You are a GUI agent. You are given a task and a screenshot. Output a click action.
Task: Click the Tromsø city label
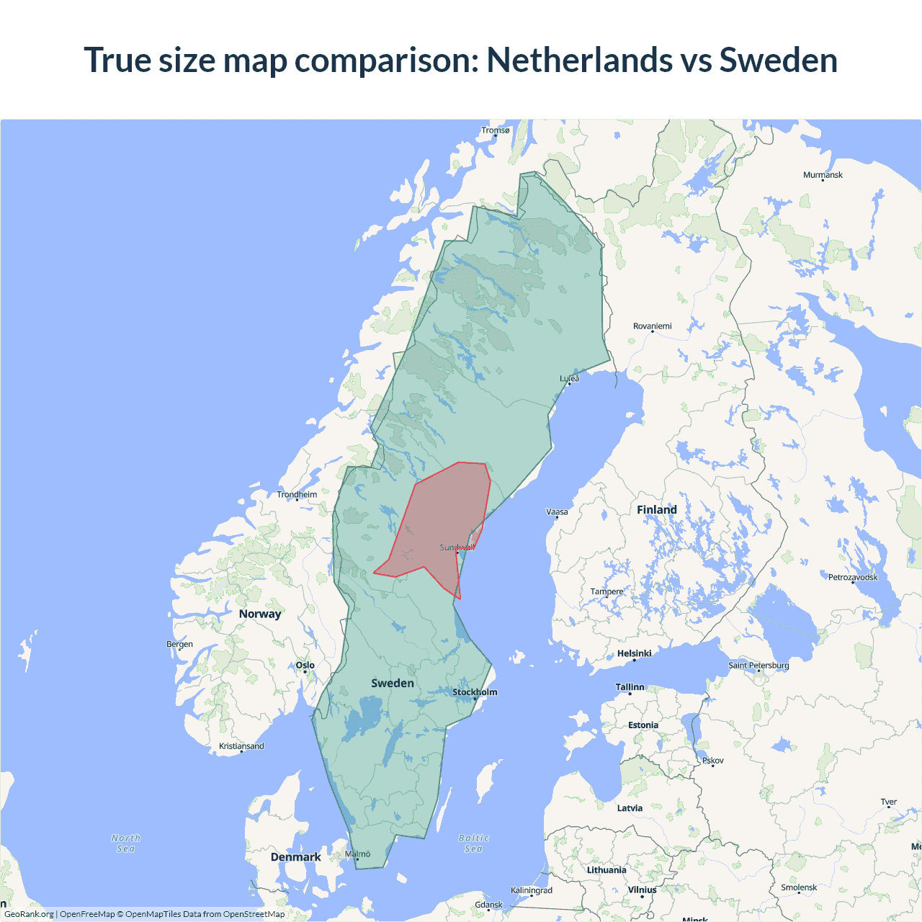(x=495, y=130)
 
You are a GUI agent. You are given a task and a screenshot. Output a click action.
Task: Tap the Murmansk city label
(x=823, y=175)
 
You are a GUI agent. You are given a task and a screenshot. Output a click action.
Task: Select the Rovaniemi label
(x=652, y=326)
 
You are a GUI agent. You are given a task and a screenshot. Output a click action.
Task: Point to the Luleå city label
(x=569, y=378)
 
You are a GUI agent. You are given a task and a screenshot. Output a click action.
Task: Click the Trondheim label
(x=297, y=495)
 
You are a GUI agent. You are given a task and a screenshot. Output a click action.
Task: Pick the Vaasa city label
(x=557, y=512)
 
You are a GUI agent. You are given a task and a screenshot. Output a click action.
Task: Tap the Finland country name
(x=656, y=510)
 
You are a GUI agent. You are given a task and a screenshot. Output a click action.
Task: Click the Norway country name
(x=260, y=614)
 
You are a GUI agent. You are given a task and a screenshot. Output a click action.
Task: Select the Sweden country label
(x=393, y=683)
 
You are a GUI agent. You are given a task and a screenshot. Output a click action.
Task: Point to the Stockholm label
(x=475, y=692)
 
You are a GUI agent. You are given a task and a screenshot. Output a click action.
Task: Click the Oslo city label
(x=305, y=666)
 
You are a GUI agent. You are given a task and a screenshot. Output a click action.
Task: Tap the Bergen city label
(x=179, y=644)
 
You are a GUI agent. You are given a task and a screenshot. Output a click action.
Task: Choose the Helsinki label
(x=634, y=653)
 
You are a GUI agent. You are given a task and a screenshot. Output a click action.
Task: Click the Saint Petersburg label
(x=758, y=665)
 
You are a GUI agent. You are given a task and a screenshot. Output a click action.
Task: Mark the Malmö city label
(x=357, y=854)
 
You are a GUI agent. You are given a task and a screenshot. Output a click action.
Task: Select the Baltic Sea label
(x=473, y=843)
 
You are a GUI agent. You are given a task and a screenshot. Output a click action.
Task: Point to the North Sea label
(x=126, y=843)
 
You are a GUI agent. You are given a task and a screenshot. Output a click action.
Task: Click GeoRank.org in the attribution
(x=29, y=914)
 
